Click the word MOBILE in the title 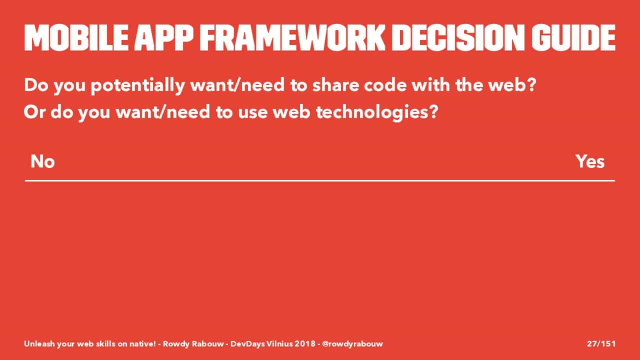pos(76,37)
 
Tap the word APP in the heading pos(163,37)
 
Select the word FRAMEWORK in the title pos(292,37)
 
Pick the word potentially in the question pos(137,85)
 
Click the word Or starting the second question pos(34,112)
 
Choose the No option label pos(42,161)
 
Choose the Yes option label pos(590,161)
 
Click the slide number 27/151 pos(601,343)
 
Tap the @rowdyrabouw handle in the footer pos(352,344)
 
